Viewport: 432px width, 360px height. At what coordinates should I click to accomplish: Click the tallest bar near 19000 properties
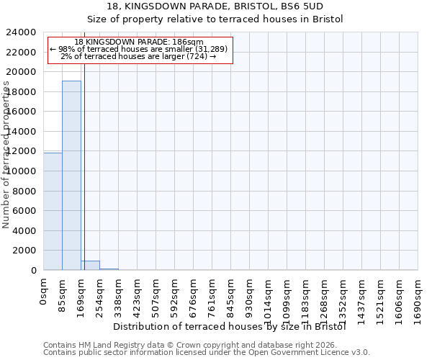[x=71, y=175]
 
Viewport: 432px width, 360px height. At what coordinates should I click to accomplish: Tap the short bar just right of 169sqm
[x=90, y=265]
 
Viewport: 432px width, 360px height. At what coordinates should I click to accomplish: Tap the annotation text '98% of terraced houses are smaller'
[x=139, y=49]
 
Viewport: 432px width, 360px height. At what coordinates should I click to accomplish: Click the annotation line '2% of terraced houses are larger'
[x=139, y=56]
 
